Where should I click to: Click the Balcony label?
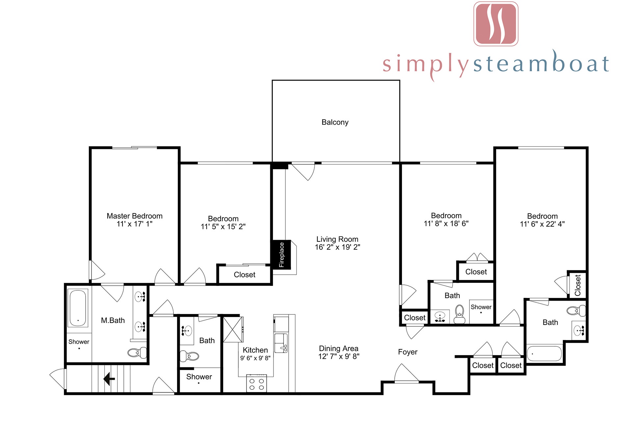coord(335,122)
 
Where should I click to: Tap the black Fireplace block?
coord(281,255)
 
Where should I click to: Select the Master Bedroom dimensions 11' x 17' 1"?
coord(135,224)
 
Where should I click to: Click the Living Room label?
coord(337,239)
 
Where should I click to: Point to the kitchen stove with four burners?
coord(256,383)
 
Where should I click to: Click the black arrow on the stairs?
coord(109,379)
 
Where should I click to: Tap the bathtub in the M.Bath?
coord(78,308)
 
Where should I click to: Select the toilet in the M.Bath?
coord(137,353)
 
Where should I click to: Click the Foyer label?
coord(408,352)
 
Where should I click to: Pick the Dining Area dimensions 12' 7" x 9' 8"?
coord(339,356)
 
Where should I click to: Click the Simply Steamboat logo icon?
coord(496,24)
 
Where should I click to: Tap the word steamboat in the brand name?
coord(541,62)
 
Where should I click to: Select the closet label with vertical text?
coord(578,285)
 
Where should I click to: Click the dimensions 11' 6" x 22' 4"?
coord(542,224)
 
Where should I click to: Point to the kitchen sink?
coord(281,343)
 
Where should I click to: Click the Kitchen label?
coord(255,350)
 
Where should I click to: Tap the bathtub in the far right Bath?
coord(544,353)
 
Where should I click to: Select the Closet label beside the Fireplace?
coord(245,275)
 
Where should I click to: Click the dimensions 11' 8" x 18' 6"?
coord(446,224)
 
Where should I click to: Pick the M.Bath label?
coord(113,320)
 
